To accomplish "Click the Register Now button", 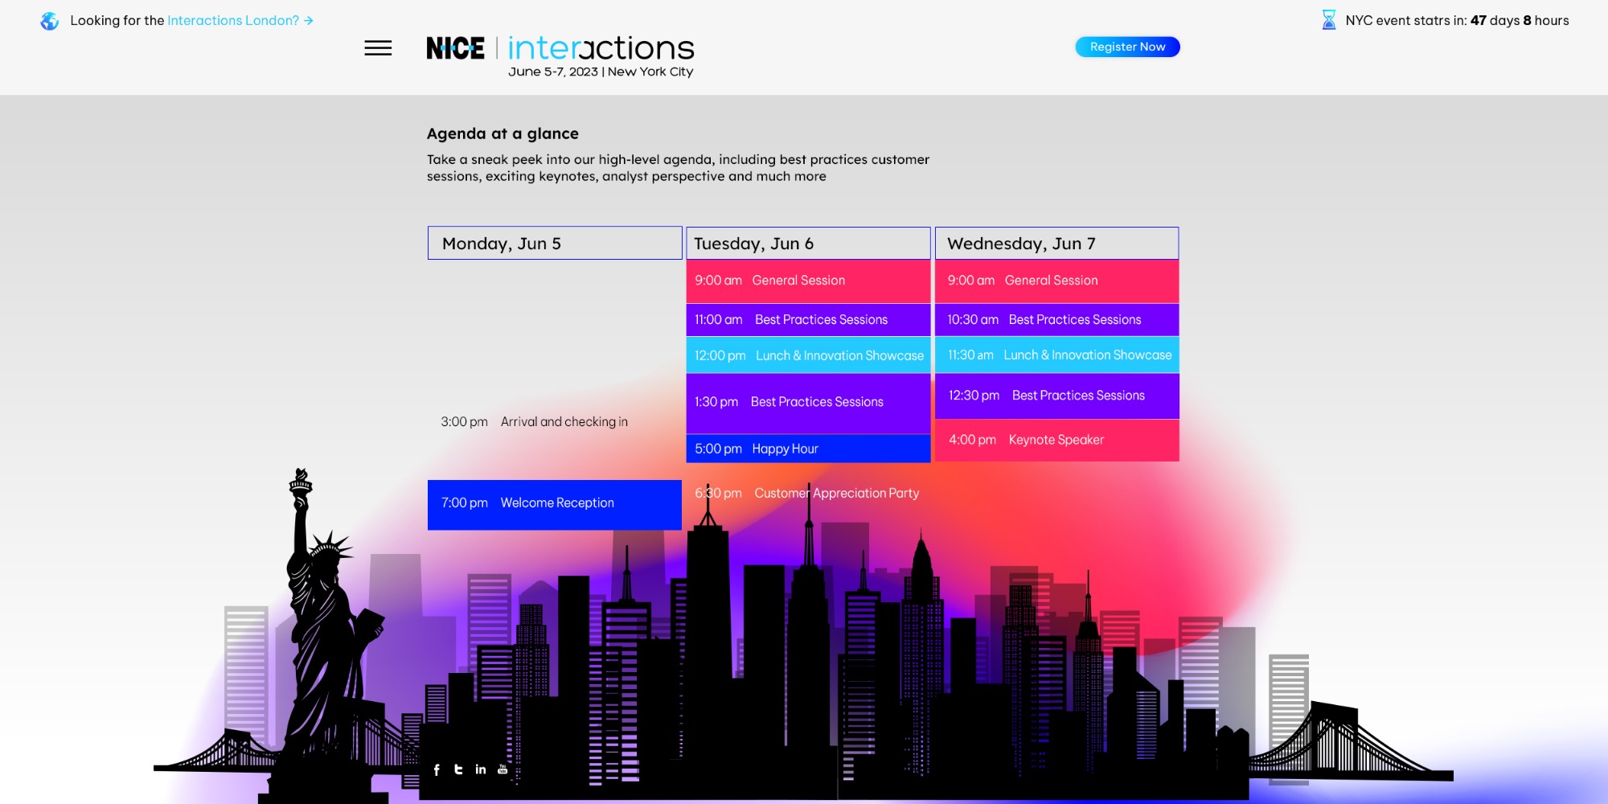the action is pyautogui.click(x=1127, y=47).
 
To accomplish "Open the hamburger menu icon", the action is pyautogui.click(x=378, y=48).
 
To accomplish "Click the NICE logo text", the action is pyautogui.click(x=455, y=48).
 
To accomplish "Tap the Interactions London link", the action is pyautogui.click(x=240, y=20).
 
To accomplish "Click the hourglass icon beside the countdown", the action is pyautogui.click(x=1329, y=20).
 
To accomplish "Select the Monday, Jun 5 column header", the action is pyautogui.click(x=555, y=243).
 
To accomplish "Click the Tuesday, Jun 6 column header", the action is pyautogui.click(x=808, y=243).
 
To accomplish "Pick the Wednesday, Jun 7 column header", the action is pyautogui.click(x=1056, y=243).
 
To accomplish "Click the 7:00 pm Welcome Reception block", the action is pyautogui.click(x=555, y=504).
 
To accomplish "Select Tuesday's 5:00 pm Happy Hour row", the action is pyautogui.click(x=808, y=449).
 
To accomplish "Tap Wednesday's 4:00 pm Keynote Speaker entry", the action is pyautogui.click(x=1056, y=440).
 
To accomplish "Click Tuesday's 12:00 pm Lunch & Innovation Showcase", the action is pyautogui.click(x=808, y=355).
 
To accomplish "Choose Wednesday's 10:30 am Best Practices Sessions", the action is pyautogui.click(x=1056, y=320).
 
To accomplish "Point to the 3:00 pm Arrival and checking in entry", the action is pyautogui.click(x=534, y=422).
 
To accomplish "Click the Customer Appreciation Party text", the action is pyautogui.click(x=836, y=493).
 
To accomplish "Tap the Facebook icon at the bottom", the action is pyautogui.click(x=437, y=770).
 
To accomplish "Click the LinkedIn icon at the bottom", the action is pyautogui.click(x=481, y=769).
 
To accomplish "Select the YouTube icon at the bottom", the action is pyautogui.click(x=503, y=769).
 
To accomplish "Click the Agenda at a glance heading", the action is pyautogui.click(x=503, y=133).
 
